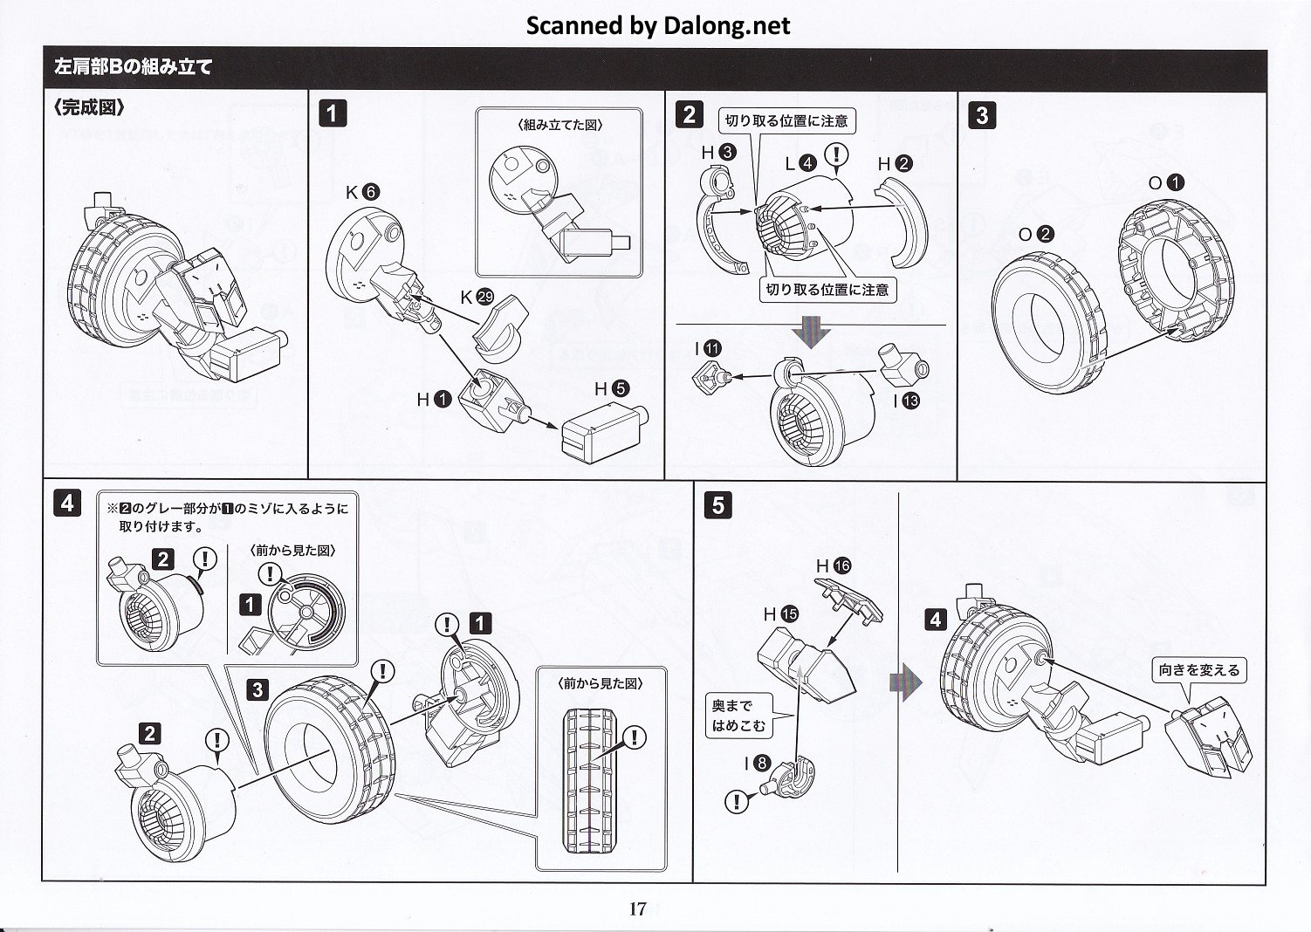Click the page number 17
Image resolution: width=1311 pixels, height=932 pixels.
(x=638, y=908)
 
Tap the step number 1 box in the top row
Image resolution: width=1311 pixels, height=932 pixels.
(x=333, y=113)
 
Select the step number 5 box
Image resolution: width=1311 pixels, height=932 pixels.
(x=717, y=505)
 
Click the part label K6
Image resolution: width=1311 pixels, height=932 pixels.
(x=362, y=192)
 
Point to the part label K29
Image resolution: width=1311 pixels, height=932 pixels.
(x=477, y=297)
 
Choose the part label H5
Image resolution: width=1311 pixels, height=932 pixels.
(x=611, y=388)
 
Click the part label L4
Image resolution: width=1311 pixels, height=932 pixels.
(x=800, y=163)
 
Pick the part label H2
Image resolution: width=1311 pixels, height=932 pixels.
(x=895, y=163)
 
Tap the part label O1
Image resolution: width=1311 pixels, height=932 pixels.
(x=1165, y=182)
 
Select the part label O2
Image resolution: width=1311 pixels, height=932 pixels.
(x=1036, y=234)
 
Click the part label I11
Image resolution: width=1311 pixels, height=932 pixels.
(x=708, y=348)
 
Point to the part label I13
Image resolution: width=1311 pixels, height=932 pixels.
(x=906, y=401)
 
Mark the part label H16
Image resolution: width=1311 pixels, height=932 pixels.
(x=833, y=565)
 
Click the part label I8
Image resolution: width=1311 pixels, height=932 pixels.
(x=756, y=764)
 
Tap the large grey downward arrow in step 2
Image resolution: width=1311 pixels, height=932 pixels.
(x=810, y=332)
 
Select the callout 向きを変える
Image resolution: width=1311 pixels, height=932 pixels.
(x=1199, y=670)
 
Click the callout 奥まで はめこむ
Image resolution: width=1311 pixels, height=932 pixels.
(x=738, y=716)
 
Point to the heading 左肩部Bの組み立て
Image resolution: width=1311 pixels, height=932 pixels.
(x=134, y=67)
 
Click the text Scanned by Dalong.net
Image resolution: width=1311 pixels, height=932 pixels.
(x=657, y=25)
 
